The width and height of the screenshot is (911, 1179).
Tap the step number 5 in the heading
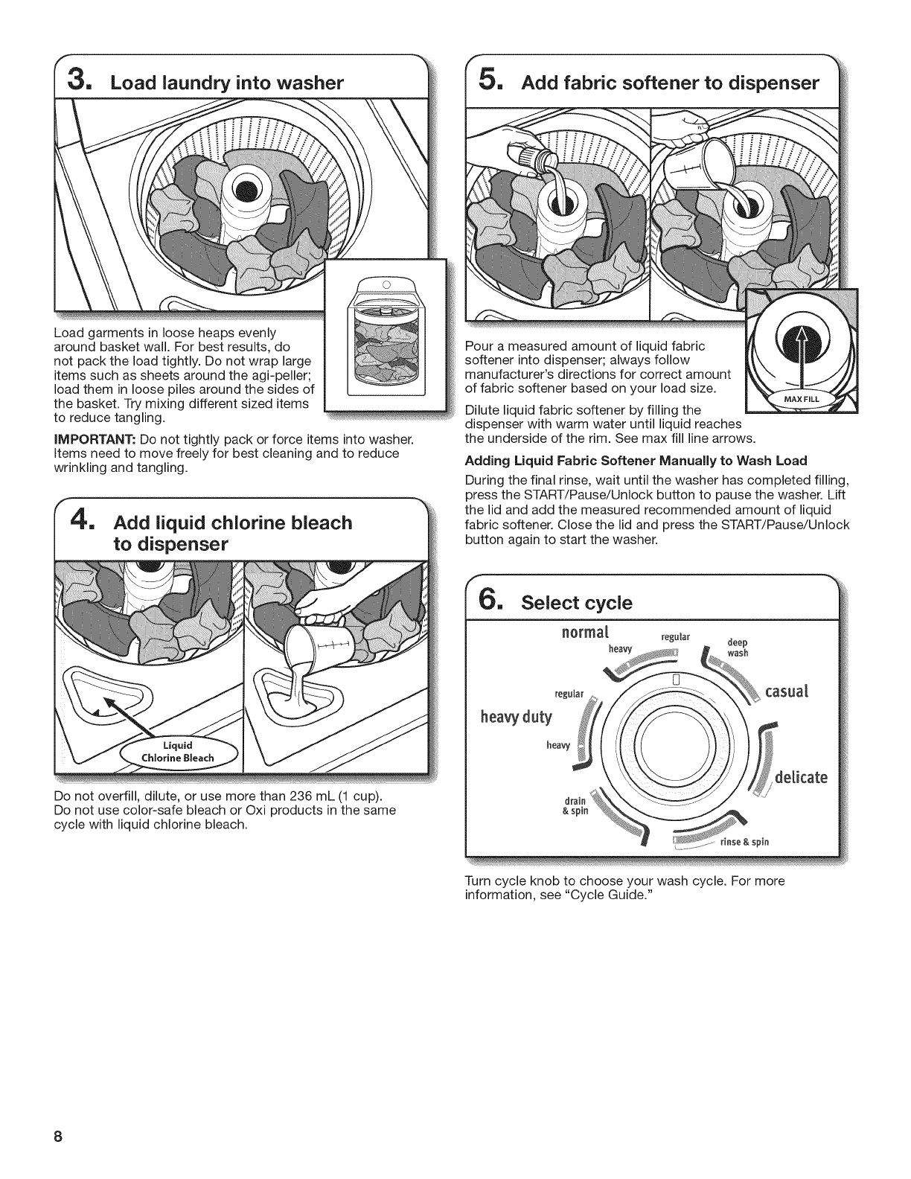tap(486, 80)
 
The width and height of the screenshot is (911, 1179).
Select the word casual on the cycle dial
tap(787, 692)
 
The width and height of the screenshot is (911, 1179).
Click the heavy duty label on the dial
tap(517, 717)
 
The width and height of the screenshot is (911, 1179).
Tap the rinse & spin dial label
tap(744, 842)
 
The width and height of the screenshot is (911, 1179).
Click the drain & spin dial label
tap(577, 806)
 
